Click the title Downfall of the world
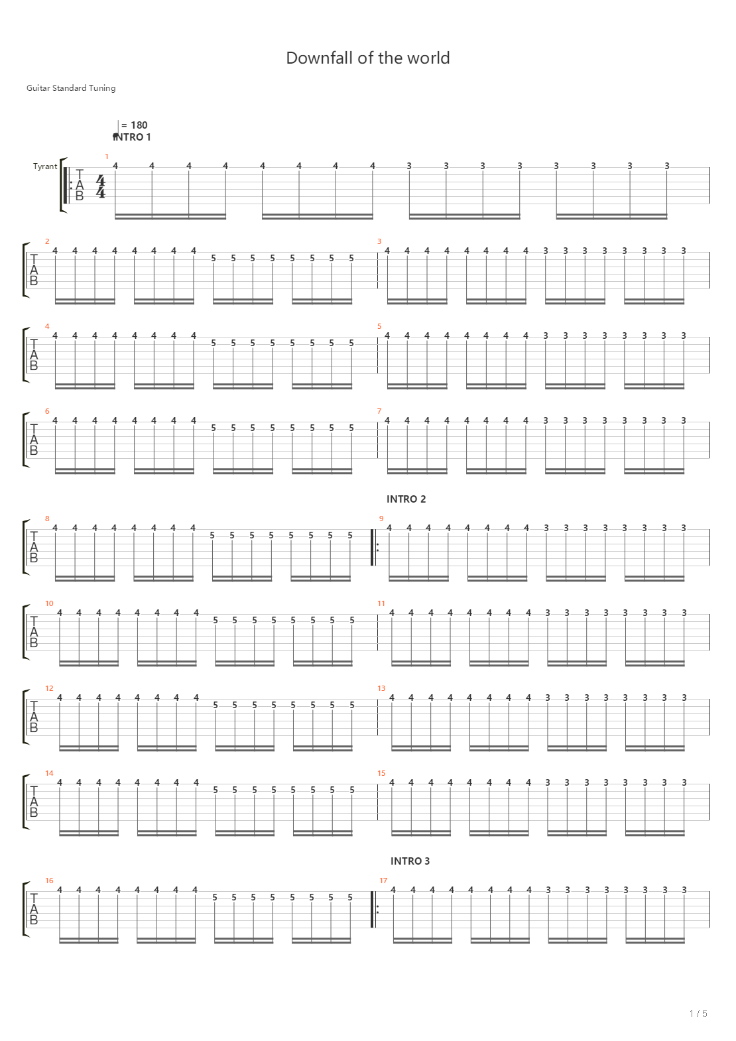[368, 58]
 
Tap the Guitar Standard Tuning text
[71, 88]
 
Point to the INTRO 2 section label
[406, 499]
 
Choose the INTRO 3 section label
[410, 861]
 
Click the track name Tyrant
[45, 166]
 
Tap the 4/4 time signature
[100, 186]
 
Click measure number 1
[106, 156]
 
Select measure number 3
[379, 241]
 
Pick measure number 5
[379, 326]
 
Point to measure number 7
[379, 411]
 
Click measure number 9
[381, 519]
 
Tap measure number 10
[49, 603]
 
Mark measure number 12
[49, 688]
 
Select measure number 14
[49, 773]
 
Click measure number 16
[49, 881]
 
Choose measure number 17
[383, 881]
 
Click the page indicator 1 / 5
[698, 1014]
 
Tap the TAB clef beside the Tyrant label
[80, 186]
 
